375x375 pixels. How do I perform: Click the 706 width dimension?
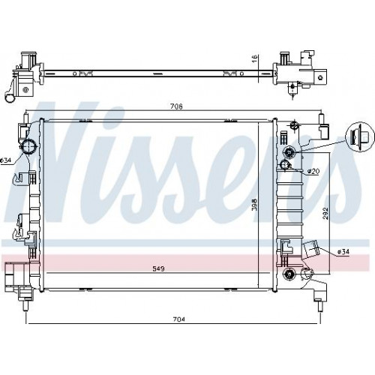click(x=176, y=106)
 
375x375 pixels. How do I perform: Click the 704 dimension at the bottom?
click(x=178, y=319)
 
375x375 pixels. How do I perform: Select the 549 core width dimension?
click(x=159, y=268)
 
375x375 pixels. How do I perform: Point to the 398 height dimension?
click(x=254, y=205)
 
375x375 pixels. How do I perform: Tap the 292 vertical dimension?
click(x=325, y=213)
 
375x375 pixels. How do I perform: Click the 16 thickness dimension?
click(x=254, y=58)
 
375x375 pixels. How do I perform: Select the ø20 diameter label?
click(x=313, y=171)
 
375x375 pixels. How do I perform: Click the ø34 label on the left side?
click(x=5, y=160)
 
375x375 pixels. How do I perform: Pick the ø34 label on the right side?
click(x=343, y=252)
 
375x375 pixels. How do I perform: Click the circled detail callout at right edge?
click(x=360, y=137)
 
